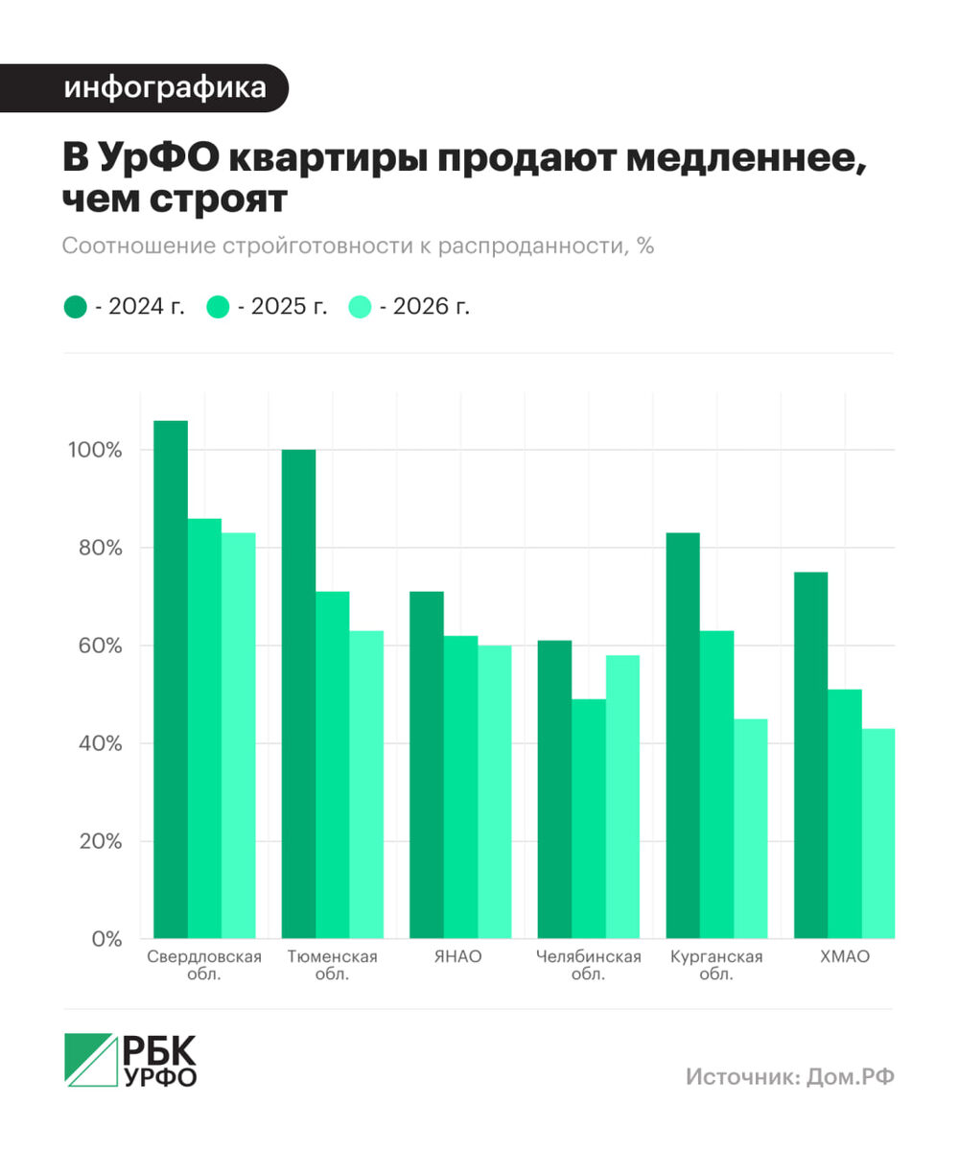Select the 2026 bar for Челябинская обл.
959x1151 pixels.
(x=623, y=796)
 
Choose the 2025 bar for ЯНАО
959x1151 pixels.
(x=460, y=787)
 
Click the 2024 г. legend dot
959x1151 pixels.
(x=76, y=307)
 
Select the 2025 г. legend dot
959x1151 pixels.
(x=219, y=307)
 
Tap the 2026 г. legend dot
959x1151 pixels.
(x=360, y=307)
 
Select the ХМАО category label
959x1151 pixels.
(x=845, y=956)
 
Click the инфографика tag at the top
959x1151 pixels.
(x=165, y=88)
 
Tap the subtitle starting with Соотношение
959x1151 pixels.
(x=358, y=246)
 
